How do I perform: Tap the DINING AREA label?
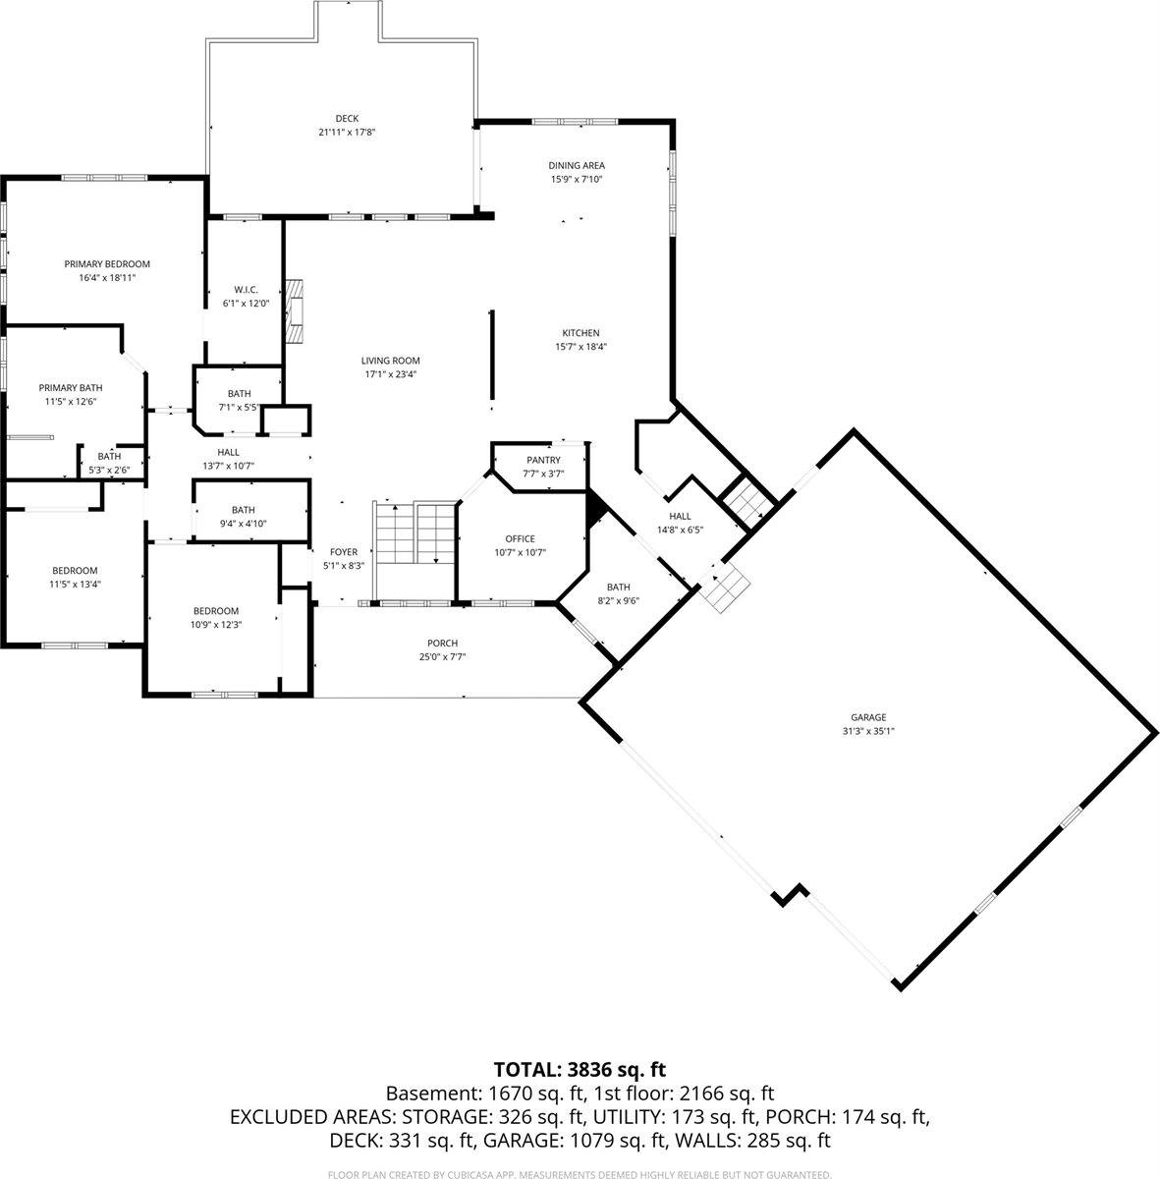coord(576,165)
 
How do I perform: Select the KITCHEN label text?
coord(580,333)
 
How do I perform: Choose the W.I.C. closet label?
coord(246,289)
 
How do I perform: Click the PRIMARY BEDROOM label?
coord(107,264)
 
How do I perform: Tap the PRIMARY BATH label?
coord(71,387)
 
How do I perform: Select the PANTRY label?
coord(543,460)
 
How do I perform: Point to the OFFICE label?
coord(520,538)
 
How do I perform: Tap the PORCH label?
coord(442,644)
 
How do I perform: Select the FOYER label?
coord(344,552)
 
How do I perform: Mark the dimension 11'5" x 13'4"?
coord(75,584)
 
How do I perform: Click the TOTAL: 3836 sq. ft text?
coord(580,1069)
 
